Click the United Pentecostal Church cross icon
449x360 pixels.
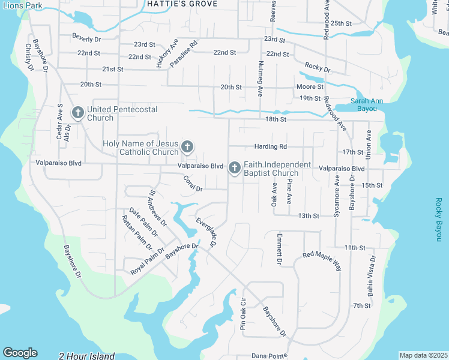pyautogui.click(x=77, y=112)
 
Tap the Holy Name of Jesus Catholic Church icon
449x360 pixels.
pyautogui.click(x=187, y=146)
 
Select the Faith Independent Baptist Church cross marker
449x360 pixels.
pyautogui.click(x=234, y=169)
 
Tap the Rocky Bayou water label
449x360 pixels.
pyautogui.click(x=439, y=220)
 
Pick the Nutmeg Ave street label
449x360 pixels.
pyautogui.click(x=260, y=79)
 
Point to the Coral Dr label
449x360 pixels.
pyautogui.click(x=193, y=184)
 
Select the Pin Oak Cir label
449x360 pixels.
pyautogui.click(x=243, y=314)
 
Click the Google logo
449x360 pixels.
pyautogui.click(x=20, y=353)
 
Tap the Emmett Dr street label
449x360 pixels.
pyautogui.click(x=279, y=249)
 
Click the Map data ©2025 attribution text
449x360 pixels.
pyautogui.click(x=423, y=355)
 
